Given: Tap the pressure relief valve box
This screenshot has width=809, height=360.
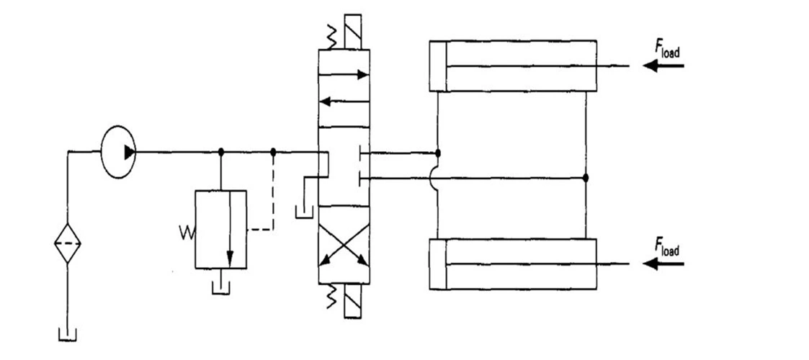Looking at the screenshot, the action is pyautogui.click(x=221, y=230).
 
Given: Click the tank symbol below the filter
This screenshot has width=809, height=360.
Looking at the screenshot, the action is pyautogui.click(x=68, y=333).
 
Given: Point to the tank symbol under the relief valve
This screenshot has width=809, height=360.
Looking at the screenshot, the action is pyautogui.click(x=221, y=288).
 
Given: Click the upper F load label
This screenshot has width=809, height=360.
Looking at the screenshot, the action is pyautogui.click(x=667, y=48).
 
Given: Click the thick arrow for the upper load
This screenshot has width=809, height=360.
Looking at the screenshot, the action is pyautogui.click(x=663, y=66).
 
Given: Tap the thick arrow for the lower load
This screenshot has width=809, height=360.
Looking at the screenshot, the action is pyautogui.click(x=663, y=264).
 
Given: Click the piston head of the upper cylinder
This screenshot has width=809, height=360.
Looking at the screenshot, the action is pyautogui.click(x=438, y=66).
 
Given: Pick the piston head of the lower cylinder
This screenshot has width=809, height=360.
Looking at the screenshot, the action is pyautogui.click(x=438, y=264).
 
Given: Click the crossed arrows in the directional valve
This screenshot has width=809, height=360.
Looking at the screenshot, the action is pyautogui.click(x=344, y=245).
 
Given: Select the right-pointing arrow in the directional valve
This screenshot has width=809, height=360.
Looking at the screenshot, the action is pyautogui.click(x=344, y=75).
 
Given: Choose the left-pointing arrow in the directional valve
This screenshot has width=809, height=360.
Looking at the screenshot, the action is pyautogui.click(x=344, y=102).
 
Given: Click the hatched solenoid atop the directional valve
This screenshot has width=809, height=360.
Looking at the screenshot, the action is pyautogui.click(x=352, y=32).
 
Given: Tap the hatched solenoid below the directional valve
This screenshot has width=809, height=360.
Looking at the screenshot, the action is pyautogui.click(x=352, y=301).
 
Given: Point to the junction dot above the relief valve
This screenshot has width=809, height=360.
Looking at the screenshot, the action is pyautogui.click(x=221, y=152).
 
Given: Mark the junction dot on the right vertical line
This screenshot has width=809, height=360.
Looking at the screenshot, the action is pyautogui.click(x=586, y=178).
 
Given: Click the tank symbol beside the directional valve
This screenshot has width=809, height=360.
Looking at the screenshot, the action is pyautogui.click(x=304, y=212).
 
